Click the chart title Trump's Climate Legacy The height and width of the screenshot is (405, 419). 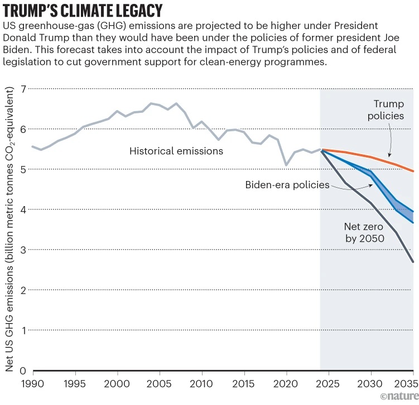coord(83,11)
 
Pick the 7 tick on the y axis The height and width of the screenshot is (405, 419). coord(23,89)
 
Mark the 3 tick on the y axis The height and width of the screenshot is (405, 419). coord(23,250)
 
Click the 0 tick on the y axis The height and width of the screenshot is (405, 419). coord(23,371)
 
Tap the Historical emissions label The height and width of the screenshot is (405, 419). coord(176,151)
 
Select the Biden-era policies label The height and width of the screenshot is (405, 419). coord(287,185)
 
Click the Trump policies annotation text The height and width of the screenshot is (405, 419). coord(389,109)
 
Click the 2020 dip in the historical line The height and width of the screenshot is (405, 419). coord(286,165)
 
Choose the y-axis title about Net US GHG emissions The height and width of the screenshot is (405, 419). coord(10,229)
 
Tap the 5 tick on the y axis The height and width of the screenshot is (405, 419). coord(23,169)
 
